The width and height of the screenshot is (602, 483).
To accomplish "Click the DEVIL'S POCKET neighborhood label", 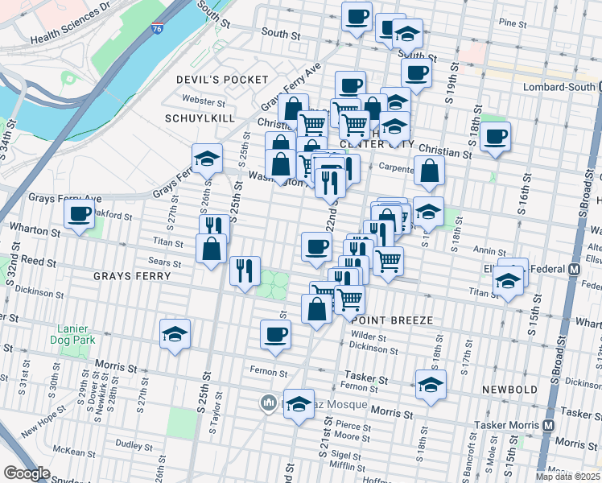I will (x=221, y=79).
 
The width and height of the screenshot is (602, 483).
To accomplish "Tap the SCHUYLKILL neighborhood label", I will (x=200, y=118).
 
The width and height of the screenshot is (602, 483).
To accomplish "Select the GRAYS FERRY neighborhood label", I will (x=132, y=275).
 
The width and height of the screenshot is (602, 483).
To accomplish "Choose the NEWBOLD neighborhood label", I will (x=509, y=389).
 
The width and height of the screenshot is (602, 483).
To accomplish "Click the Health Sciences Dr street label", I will (x=69, y=31).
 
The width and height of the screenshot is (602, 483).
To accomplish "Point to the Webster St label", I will (x=203, y=101).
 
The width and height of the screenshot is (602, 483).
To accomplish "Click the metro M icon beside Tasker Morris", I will (x=548, y=425).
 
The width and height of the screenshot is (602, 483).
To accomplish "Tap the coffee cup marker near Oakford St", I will (x=79, y=214).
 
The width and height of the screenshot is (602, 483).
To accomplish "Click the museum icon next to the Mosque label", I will (x=268, y=402).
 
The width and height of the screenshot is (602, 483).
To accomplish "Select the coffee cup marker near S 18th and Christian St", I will (x=495, y=134).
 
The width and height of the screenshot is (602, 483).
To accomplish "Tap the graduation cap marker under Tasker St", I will (x=430, y=384).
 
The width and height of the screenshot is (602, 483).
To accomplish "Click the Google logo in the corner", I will (x=27, y=473).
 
